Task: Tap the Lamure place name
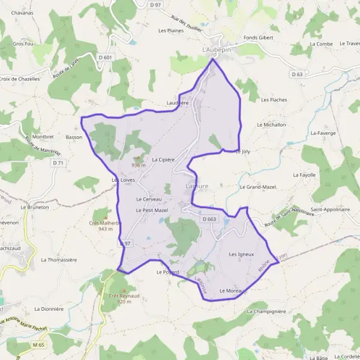197,187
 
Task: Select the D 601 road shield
107,58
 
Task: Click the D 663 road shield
209,220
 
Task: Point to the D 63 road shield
297,74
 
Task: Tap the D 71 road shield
58,163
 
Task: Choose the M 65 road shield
39,346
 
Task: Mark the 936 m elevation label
139,165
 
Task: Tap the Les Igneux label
241,254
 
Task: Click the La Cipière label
163,160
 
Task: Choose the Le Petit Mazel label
152,211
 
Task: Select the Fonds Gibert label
258,38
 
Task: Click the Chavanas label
22,13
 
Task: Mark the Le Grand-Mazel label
258,187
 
